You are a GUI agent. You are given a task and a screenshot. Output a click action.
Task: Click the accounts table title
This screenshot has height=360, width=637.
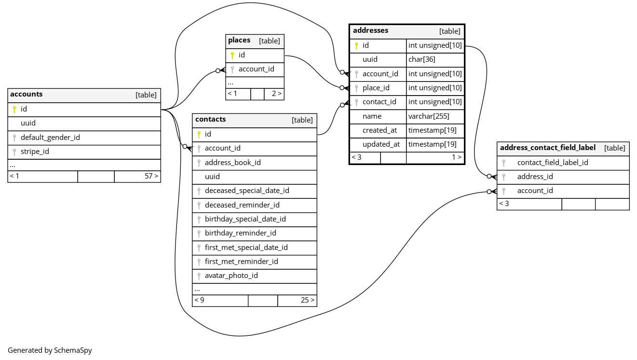coord(27,95)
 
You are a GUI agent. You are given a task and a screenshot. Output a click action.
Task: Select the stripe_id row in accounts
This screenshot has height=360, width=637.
coord(35,152)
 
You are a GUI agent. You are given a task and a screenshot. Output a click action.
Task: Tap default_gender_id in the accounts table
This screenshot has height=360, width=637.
coord(50,138)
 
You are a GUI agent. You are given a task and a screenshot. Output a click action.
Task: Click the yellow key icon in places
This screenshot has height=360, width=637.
coord(232,55)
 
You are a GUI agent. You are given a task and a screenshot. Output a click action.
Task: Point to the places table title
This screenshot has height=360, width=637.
coord(239,41)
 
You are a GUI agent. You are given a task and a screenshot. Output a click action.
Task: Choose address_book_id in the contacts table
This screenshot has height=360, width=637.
coord(232,163)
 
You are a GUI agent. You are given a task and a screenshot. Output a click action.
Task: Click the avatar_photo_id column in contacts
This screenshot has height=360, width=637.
coord(231,276)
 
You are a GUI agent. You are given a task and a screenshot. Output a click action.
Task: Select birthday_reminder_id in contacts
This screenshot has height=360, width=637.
coord(240,233)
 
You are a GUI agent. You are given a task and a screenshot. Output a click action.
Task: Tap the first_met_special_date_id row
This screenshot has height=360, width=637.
coord(246,248)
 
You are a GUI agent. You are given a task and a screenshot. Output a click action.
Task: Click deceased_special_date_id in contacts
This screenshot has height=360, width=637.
coord(247,191)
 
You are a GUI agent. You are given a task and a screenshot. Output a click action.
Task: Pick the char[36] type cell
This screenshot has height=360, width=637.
coord(422,59)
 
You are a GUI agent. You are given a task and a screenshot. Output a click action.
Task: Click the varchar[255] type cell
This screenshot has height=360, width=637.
coord(429,116)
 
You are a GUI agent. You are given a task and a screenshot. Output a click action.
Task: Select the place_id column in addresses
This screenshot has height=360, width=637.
coord(376,88)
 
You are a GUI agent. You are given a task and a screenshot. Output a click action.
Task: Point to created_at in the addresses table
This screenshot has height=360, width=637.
coord(379,130)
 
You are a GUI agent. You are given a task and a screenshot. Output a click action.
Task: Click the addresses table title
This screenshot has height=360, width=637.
coord(370,30)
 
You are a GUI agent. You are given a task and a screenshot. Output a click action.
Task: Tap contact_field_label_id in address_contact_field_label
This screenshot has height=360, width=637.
coord(553,163)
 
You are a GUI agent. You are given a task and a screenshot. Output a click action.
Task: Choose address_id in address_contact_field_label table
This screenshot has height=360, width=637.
coord(535,177)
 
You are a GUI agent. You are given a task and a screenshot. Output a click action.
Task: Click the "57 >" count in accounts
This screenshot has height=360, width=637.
coord(151,176)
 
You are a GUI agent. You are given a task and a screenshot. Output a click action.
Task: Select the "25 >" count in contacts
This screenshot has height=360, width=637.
coord(308,300)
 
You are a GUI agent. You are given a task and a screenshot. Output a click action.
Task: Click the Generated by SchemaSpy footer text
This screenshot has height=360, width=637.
coord(50,350)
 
